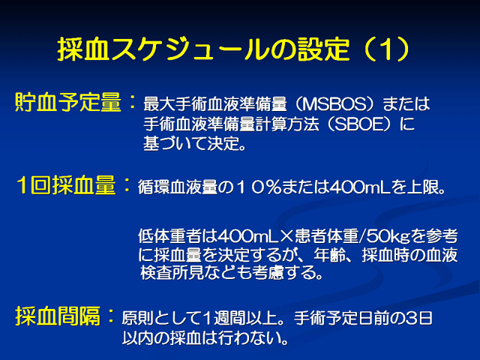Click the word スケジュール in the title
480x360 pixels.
tap(189, 49)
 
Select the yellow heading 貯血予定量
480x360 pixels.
tap(68, 102)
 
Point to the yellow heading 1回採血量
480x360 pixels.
tap(67, 185)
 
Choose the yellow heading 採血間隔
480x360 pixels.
tap(58, 316)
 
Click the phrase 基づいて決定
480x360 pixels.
tap(191, 143)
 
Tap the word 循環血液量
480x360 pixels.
tap(177, 187)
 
